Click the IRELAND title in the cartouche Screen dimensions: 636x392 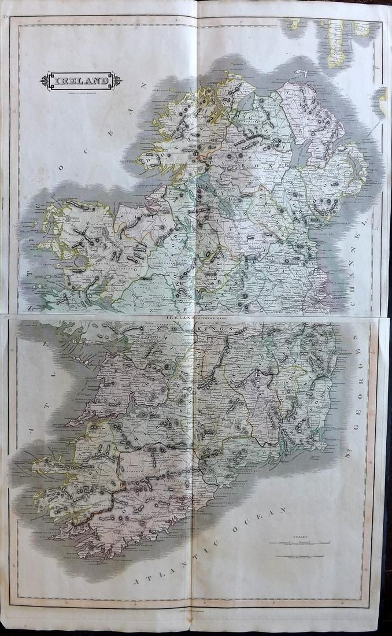pyautogui.click(x=80, y=81)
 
